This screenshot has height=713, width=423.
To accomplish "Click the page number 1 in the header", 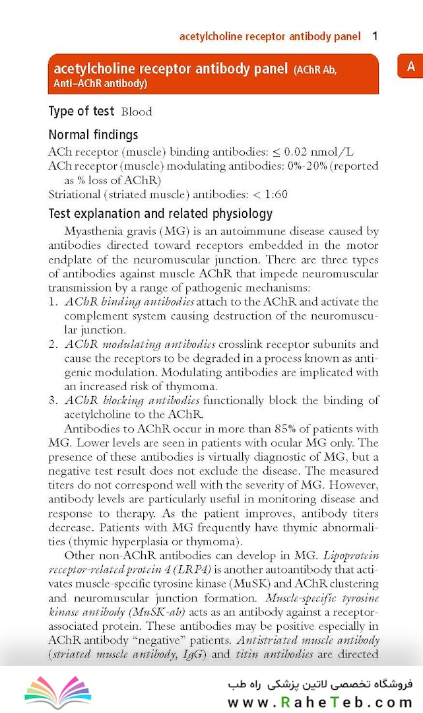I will (375, 36).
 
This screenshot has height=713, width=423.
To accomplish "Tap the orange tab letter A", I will (410, 67).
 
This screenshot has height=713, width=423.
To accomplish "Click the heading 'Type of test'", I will (81, 112).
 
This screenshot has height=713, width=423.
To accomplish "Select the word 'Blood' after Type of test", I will (137, 112).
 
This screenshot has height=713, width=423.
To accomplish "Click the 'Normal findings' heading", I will (93, 135).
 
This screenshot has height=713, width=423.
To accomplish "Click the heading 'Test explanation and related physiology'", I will (160, 214).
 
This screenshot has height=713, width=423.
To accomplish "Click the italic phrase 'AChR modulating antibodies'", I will (140, 344).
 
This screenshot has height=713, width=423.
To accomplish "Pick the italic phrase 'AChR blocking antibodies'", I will (132, 400).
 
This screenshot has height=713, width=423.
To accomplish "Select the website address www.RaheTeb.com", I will (320, 702).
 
